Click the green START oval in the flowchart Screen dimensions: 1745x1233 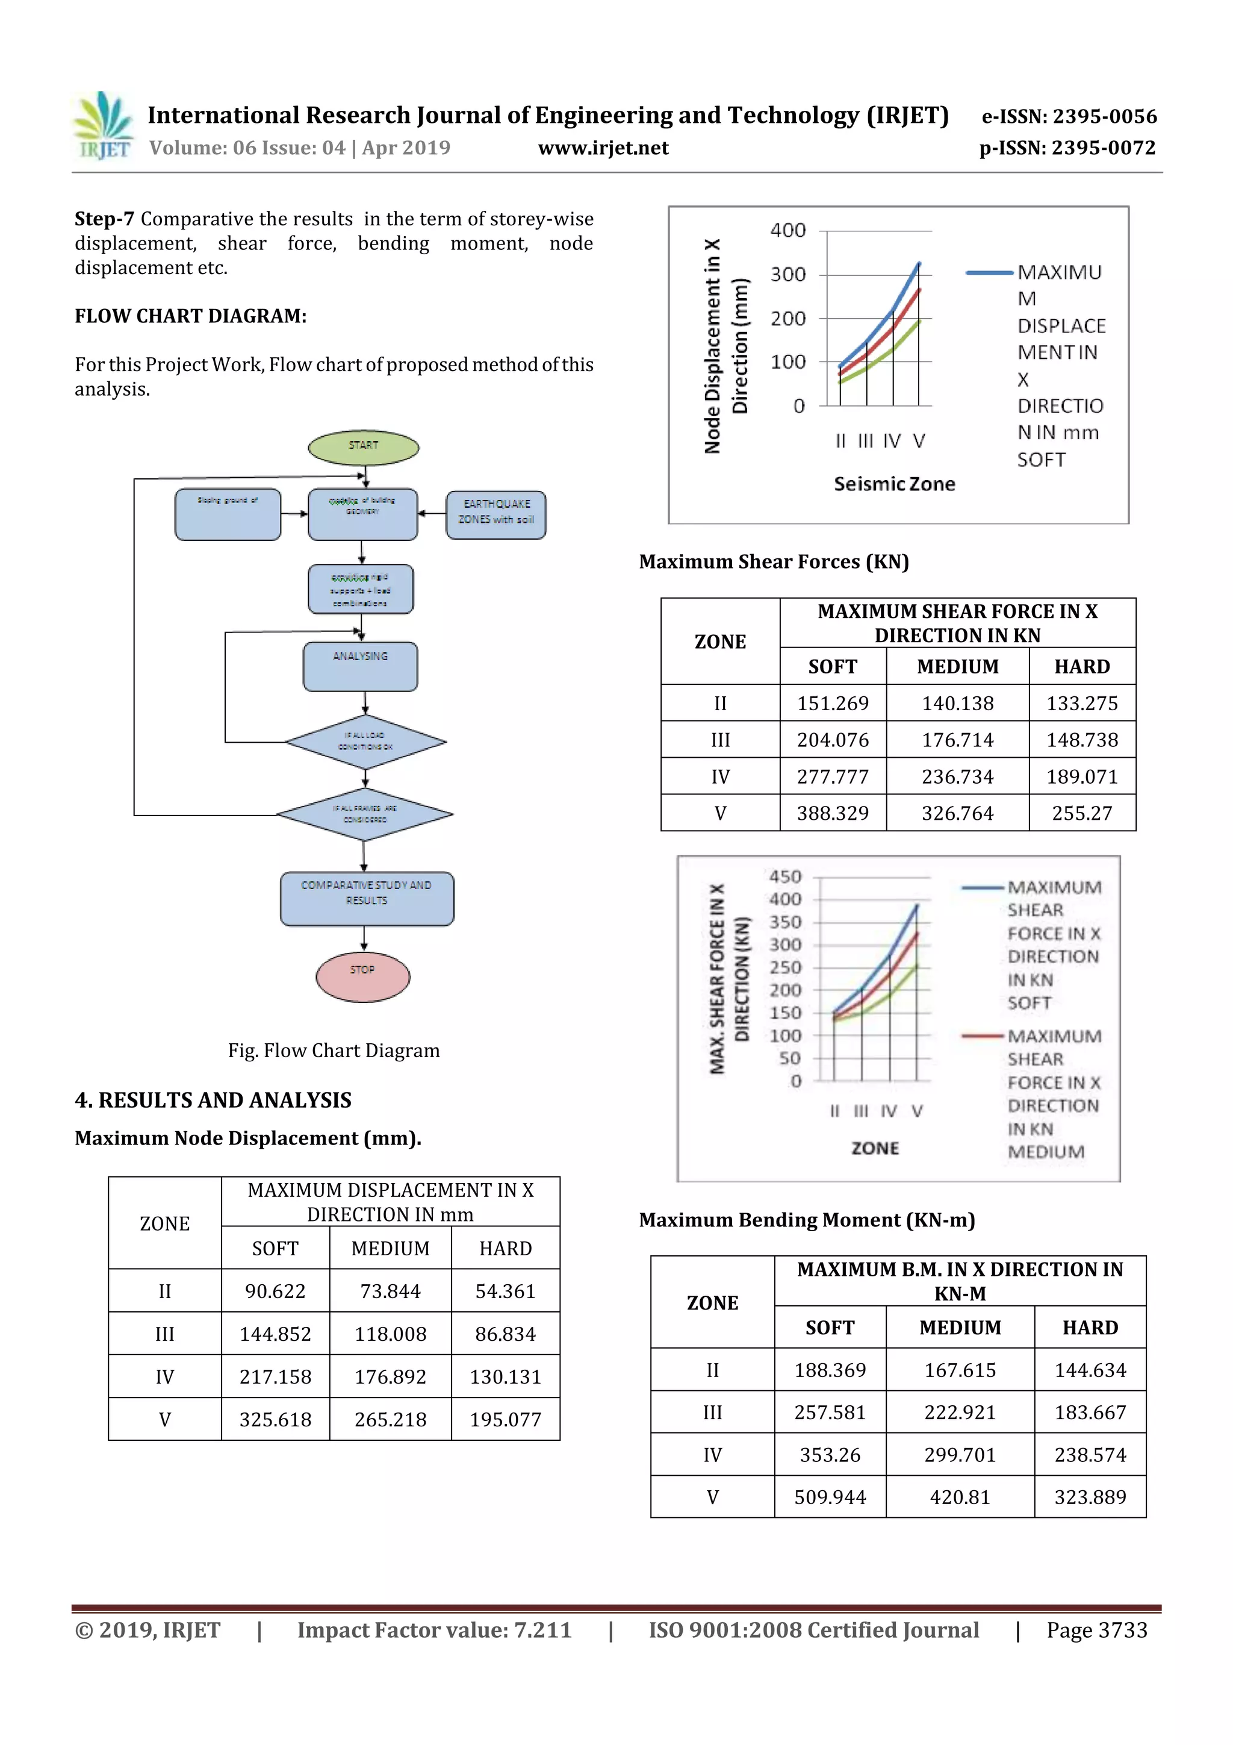click(363, 447)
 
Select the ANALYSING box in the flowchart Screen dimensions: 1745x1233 click(360, 667)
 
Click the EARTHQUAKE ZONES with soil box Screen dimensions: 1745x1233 click(496, 514)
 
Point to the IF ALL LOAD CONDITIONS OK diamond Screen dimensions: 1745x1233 click(365, 741)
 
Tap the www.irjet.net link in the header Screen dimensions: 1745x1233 click(603, 148)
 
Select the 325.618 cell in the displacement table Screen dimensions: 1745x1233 click(275, 1419)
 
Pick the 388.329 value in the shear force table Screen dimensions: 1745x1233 click(833, 813)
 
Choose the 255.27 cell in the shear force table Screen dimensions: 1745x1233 click(1082, 813)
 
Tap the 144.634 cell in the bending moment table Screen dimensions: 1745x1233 click(1090, 1370)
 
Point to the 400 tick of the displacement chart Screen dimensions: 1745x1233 click(788, 230)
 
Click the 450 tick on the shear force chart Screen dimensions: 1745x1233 click(785, 876)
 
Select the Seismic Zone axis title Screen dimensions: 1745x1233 click(894, 484)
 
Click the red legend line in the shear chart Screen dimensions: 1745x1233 click(983, 1036)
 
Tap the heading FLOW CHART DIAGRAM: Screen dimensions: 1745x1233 click(191, 316)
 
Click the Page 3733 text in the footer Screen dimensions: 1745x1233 click(1096, 1630)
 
